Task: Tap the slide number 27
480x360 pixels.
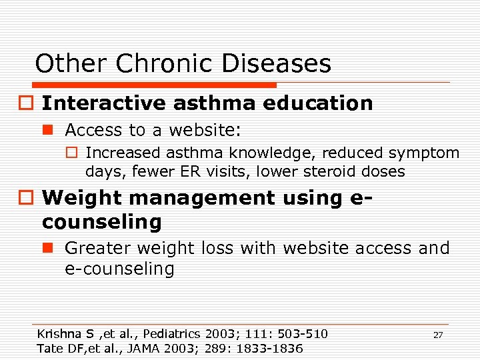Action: pos(438,335)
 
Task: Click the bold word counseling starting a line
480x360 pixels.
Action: pos(101,222)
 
